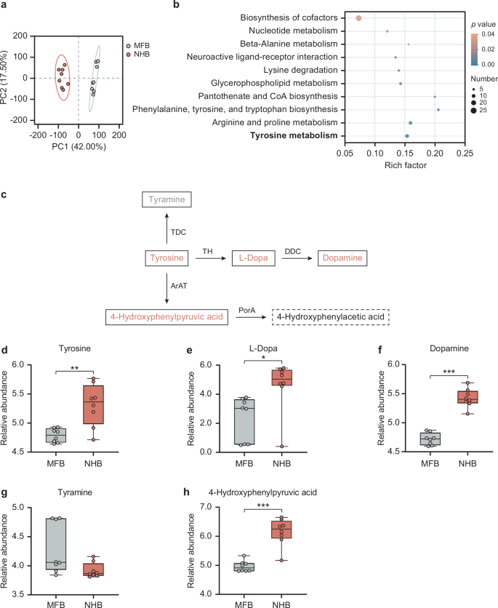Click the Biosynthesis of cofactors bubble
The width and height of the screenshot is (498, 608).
click(358, 17)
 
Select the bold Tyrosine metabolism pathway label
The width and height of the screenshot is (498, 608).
click(294, 135)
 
